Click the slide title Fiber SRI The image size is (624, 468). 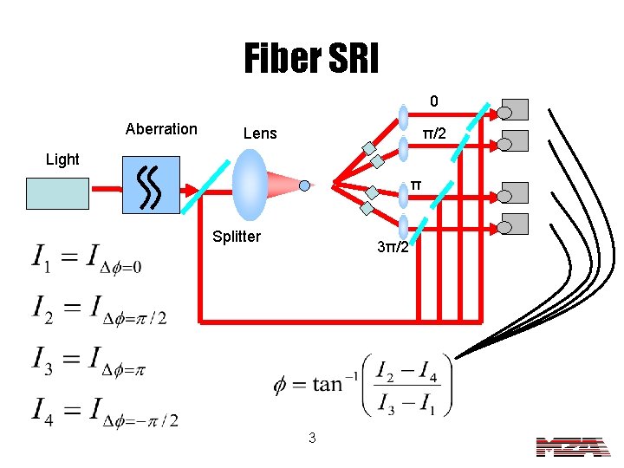click(x=311, y=58)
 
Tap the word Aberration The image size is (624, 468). click(x=161, y=129)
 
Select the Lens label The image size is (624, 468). click(x=260, y=133)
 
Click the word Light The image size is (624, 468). click(x=62, y=159)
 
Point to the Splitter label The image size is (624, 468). click(x=237, y=237)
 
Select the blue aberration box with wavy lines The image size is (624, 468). click(x=151, y=185)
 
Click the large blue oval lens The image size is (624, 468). click(x=250, y=185)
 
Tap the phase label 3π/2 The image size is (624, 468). click(x=400, y=248)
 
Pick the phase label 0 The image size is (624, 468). click(x=435, y=102)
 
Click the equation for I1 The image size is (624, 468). click(x=87, y=259)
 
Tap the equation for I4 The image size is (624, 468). click(x=105, y=411)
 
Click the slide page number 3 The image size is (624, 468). click(x=312, y=439)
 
